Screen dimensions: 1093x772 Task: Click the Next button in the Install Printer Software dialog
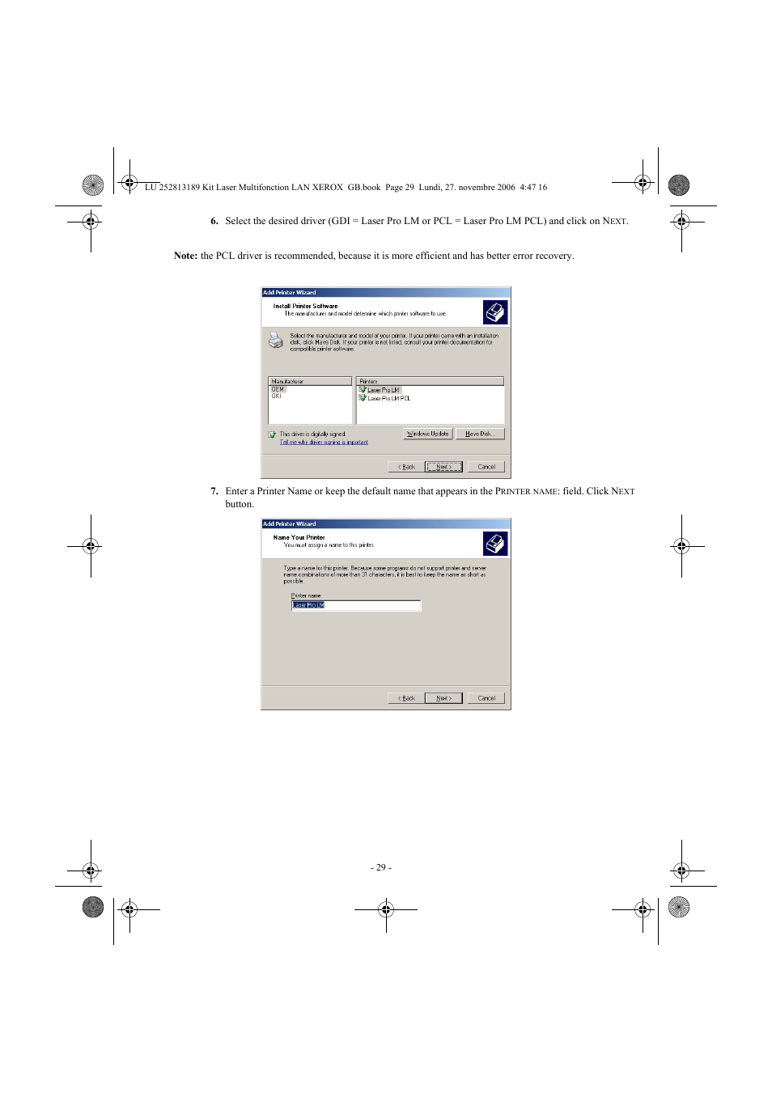[x=443, y=467]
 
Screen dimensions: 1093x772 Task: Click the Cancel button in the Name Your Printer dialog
[x=486, y=698]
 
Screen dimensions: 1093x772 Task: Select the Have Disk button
[x=479, y=434]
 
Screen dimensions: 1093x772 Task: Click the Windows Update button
[x=427, y=434]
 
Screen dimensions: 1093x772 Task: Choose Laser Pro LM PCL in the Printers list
[x=388, y=398]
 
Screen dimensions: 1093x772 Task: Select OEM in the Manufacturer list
[x=278, y=389]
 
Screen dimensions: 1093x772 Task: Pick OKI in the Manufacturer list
[x=277, y=396]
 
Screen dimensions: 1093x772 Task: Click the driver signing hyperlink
[x=324, y=443]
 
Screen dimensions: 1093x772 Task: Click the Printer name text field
[x=356, y=605]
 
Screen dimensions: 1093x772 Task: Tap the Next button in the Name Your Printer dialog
[x=443, y=698]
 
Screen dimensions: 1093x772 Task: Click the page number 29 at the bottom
[x=381, y=867]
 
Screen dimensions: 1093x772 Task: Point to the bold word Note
[x=185, y=256]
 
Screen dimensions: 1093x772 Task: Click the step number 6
[x=214, y=221]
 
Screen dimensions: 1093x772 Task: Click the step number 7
[x=214, y=491]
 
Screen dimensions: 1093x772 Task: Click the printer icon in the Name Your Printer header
[x=495, y=544]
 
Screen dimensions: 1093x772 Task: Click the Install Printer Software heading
[x=305, y=306]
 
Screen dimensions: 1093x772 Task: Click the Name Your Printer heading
[x=299, y=537]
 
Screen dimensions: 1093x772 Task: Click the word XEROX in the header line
[x=328, y=188]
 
